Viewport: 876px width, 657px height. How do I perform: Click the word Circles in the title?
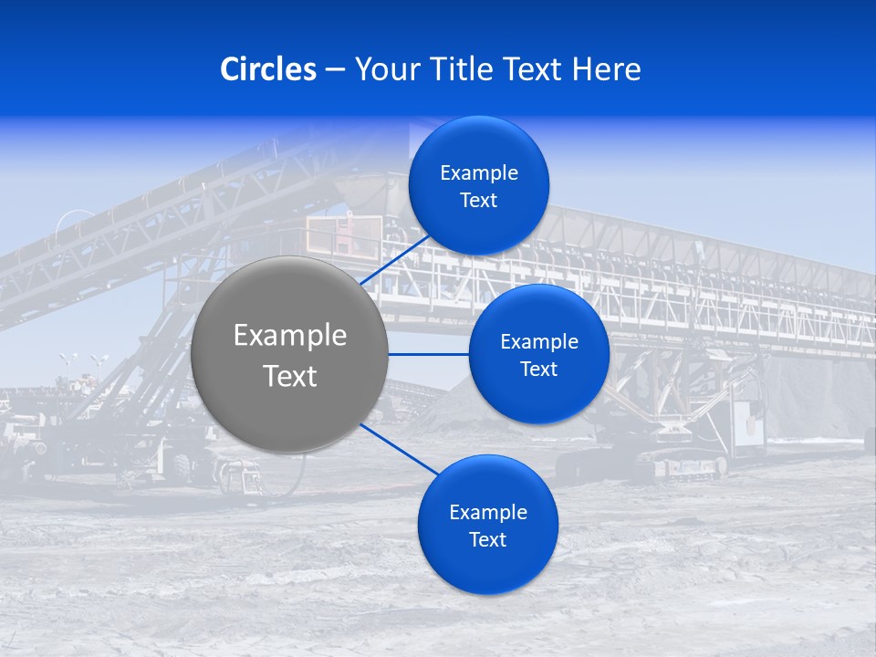pyautogui.click(x=268, y=69)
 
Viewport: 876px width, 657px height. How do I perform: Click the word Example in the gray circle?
pyautogui.click(x=290, y=336)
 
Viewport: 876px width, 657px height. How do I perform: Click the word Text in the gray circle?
pyautogui.click(x=290, y=376)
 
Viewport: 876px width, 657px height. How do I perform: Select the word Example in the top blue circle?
pyautogui.click(x=479, y=173)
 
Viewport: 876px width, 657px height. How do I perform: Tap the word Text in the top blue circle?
pyautogui.click(x=479, y=201)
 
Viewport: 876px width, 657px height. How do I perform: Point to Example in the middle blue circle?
pyautogui.click(x=539, y=342)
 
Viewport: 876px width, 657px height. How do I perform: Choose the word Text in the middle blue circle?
pyautogui.click(x=539, y=370)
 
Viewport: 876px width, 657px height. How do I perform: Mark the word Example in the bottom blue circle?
pyautogui.click(x=488, y=513)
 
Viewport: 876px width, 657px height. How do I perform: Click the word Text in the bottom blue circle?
pyautogui.click(x=488, y=540)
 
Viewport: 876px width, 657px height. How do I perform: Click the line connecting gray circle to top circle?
pyautogui.click(x=398, y=260)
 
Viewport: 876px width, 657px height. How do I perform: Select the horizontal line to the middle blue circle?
pyautogui.click(x=428, y=354)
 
